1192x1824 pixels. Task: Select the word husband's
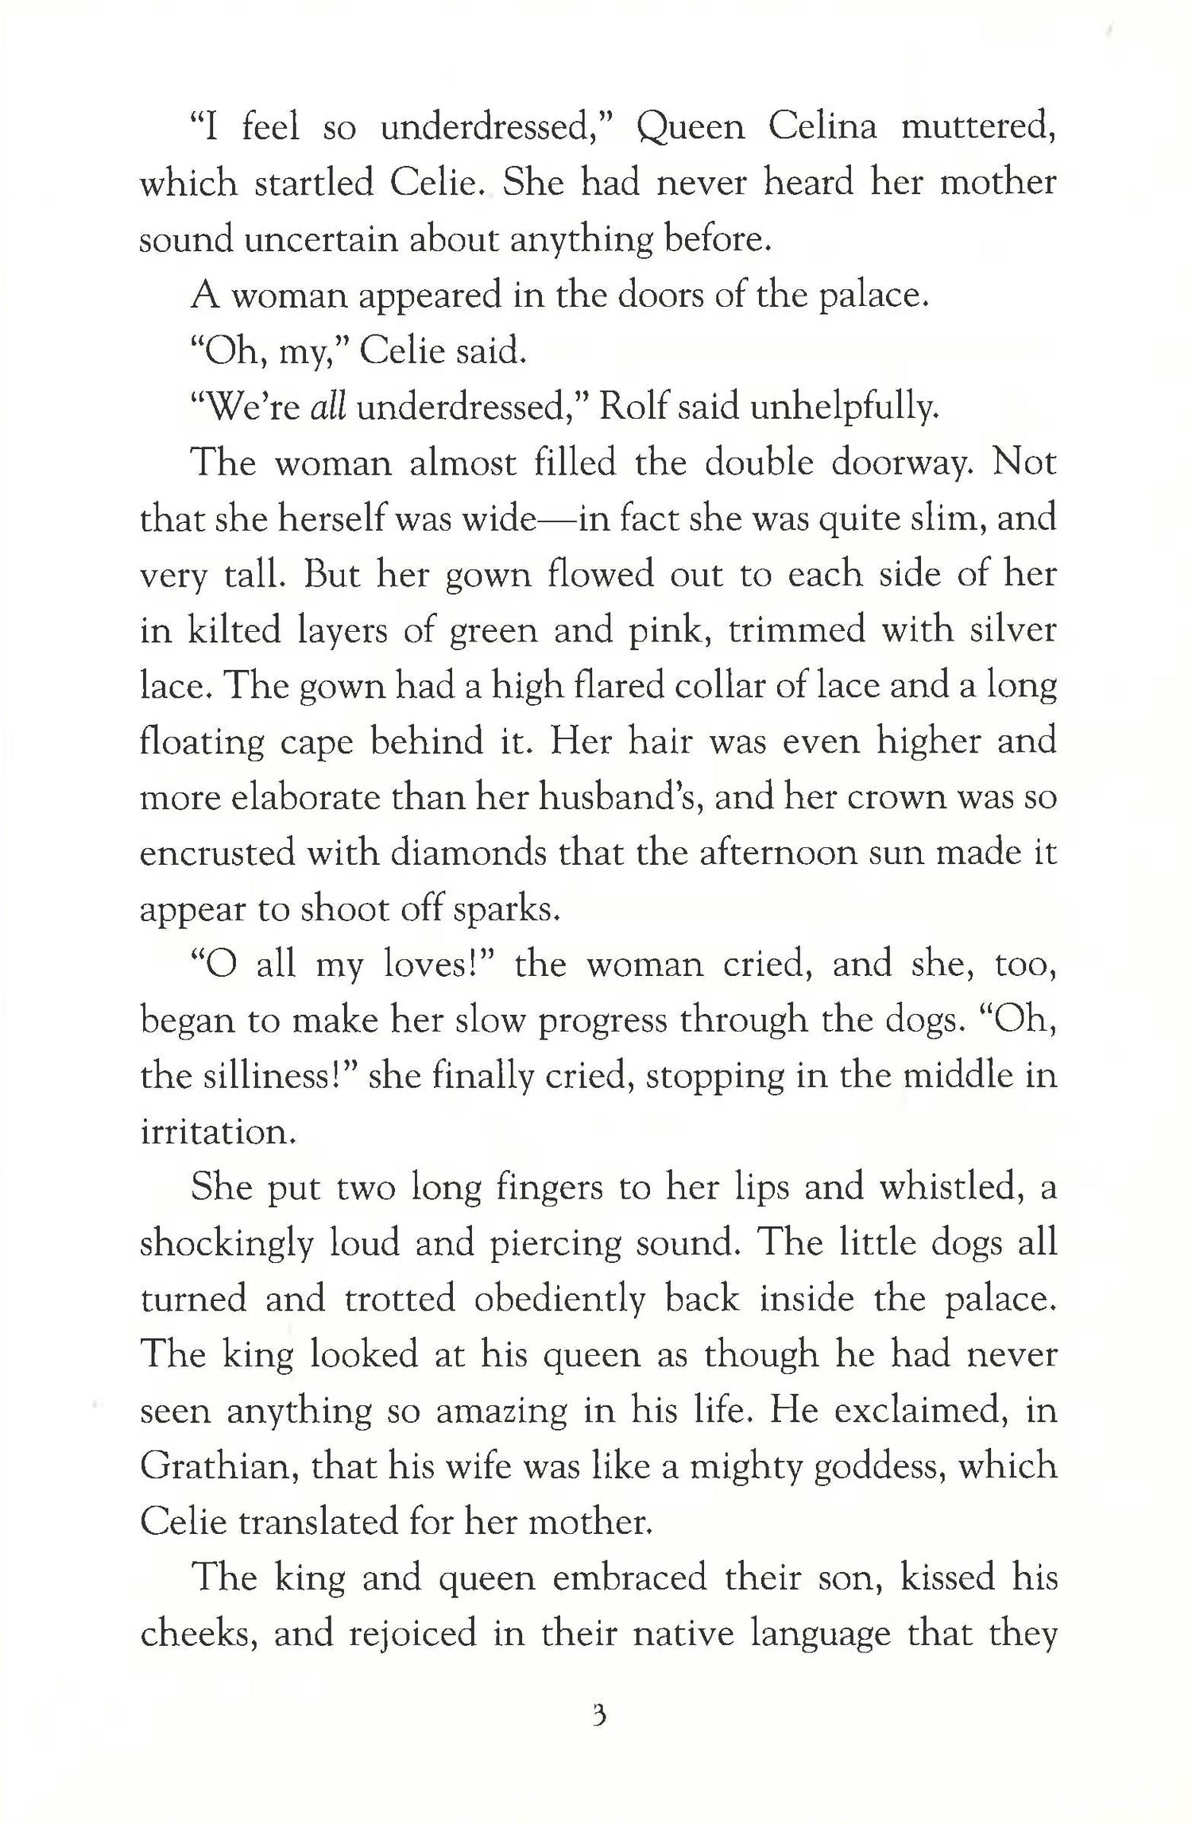point(622,797)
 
